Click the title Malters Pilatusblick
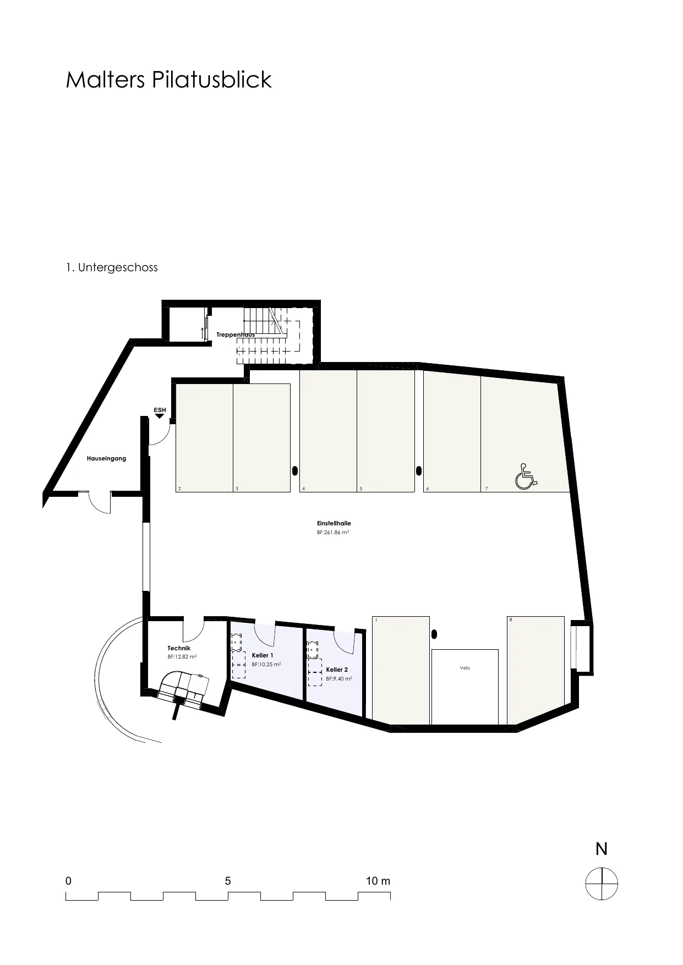tap(168, 80)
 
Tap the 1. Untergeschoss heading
tap(112, 267)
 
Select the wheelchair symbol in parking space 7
tap(526, 476)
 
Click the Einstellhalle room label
tap(334, 523)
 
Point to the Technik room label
tap(179, 648)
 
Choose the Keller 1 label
tap(263, 655)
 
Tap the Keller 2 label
tap(337, 670)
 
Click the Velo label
tap(465, 668)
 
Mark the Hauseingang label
tap(106, 458)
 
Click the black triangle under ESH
tap(160, 416)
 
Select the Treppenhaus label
tap(236, 335)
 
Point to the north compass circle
tap(602, 884)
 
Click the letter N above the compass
tap(602, 849)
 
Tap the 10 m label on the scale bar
tap(378, 881)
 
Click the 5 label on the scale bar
tap(228, 881)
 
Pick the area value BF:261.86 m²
tap(333, 533)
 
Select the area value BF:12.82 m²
tap(182, 656)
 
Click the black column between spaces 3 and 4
tap(294, 470)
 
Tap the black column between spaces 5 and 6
tap(419, 470)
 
